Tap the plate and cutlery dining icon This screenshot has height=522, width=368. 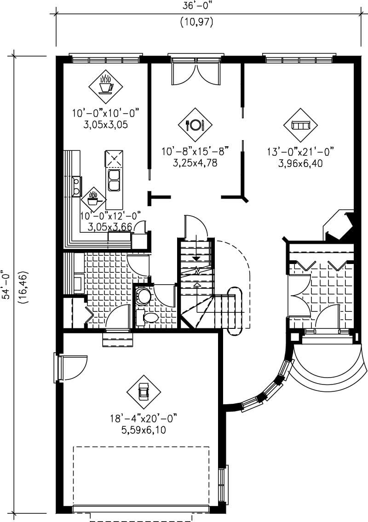(x=195, y=125)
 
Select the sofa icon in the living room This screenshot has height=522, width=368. (x=301, y=125)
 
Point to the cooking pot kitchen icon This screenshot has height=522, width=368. (x=93, y=199)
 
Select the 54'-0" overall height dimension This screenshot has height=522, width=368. (x=6, y=285)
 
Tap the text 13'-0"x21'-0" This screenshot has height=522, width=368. (x=300, y=151)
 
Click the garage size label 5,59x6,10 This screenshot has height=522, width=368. (x=144, y=430)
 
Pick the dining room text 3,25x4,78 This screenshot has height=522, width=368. (x=195, y=162)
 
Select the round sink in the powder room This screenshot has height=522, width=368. (x=144, y=295)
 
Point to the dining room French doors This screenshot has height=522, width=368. (x=196, y=69)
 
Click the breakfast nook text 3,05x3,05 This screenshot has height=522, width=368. (x=105, y=124)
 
